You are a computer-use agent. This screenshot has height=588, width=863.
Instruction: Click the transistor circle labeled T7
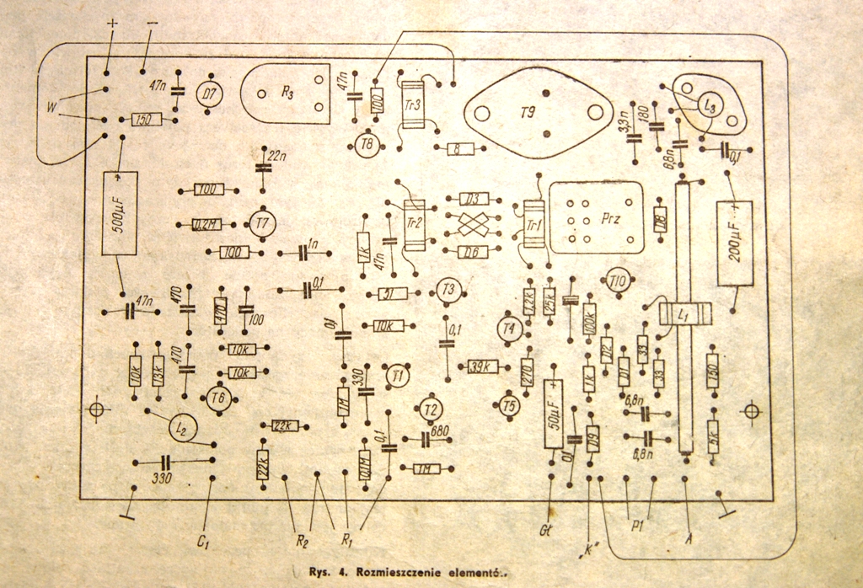(x=263, y=223)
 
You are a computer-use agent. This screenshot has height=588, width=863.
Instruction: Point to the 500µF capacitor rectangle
(x=119, y=213)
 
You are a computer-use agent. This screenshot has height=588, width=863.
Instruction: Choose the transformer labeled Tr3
(x=414, y=105)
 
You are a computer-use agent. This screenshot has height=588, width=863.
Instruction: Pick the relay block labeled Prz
(x=596, y=216)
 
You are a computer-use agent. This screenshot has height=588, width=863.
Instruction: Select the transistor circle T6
(x=219, y=398)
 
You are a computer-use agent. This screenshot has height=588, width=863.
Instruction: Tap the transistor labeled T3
(x=448, y=290)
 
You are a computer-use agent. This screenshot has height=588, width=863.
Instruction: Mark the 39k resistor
(x=484, y=366)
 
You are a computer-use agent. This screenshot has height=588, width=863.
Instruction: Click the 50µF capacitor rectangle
(x=554, y=414)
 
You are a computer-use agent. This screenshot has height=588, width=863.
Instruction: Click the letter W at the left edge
(x=53, y=106)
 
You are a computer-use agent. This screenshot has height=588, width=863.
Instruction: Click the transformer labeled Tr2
(x=414, y=225)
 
